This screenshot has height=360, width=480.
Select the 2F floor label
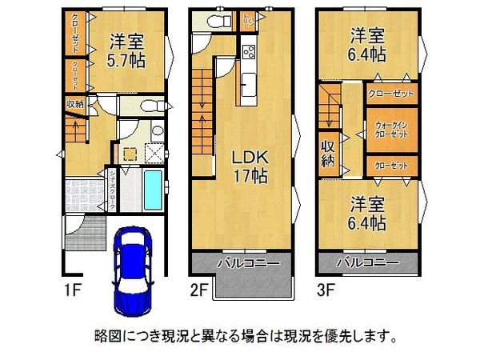click(x=198, y=284)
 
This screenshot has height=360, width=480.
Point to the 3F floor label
click(x=326, y=284)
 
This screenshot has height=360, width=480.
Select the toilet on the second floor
click(x=214, y=22)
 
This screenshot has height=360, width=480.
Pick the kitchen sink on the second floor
click(x=246, y=82)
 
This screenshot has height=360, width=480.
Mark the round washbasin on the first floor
click(x=158, y=132)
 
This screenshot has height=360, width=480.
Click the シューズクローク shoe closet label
click(x=112, y=192)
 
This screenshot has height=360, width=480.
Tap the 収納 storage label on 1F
click(x=75, y=102)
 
